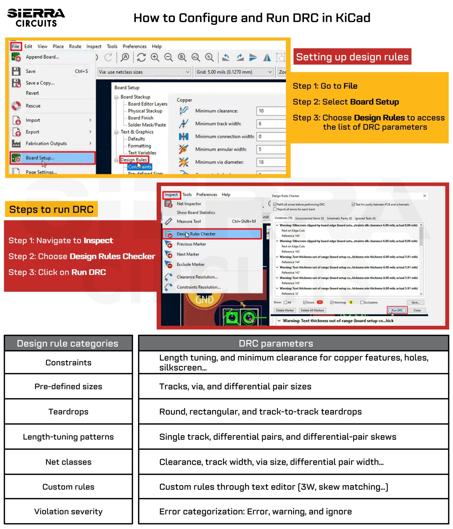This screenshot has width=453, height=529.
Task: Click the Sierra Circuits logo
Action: coord(36,18)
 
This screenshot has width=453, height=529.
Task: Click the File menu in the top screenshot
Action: coord(16,46)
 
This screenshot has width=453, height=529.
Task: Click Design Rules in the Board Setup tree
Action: coord(134,160)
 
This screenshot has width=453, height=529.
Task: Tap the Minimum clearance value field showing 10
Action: coord(271,111)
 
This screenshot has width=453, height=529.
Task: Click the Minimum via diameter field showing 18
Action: coord(271,162)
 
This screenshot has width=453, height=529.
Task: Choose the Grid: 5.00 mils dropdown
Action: coord(234,72)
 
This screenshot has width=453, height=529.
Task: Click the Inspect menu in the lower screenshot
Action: coord(171,195)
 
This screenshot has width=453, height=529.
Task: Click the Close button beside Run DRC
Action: coord(417,310)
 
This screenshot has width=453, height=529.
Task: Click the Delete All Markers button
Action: coord(312,310)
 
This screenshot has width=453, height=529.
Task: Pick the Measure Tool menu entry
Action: coord(189,221)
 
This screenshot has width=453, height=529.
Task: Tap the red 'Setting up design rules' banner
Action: coord(352,57)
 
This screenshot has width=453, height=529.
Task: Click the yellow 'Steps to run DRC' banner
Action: coord(51,209)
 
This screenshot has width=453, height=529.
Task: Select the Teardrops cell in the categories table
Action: coord(68,412)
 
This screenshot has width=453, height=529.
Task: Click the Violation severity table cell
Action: coord(68,512)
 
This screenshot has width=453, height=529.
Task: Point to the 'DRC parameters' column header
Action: coord(276,343)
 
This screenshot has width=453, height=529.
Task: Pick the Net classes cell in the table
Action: coord(68,462)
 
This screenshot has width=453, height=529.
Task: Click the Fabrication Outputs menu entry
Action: coord(46,144)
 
